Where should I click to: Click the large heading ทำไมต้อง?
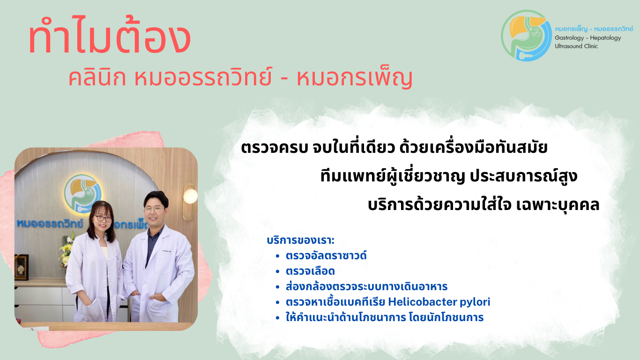(109, 39)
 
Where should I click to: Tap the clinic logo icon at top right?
(526, 35)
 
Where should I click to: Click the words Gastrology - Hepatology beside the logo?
(588, 38)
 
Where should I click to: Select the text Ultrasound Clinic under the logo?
(576, 46)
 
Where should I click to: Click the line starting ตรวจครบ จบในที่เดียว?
(394, 149)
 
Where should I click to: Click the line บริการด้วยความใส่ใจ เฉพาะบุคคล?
(483, 205)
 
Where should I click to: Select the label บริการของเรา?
(300, 241)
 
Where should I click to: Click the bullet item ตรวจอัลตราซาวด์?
(326, 256)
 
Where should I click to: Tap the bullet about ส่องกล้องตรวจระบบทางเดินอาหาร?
(366, 286)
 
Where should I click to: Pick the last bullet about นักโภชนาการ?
(384, 317)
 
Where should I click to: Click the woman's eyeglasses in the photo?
(102, 218)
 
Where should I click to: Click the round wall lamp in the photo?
(190, 196)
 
